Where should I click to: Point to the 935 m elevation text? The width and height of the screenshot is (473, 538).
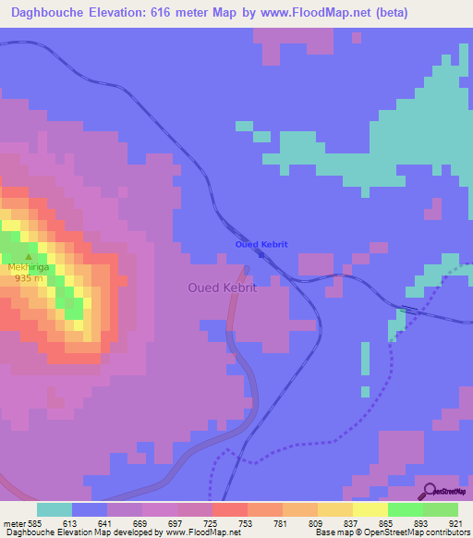pyautogui.click(x=28, y=279)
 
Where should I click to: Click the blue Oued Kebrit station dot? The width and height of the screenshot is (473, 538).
pyautogui.click(x=261, y=254)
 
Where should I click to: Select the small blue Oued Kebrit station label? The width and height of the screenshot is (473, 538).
pyautogui.click(x=261, y=244)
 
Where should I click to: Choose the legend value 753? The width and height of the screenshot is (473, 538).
pyautogui.click(x=247, y=522)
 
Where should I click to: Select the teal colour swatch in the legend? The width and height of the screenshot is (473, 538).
pyautogui.click(x=55, y=509)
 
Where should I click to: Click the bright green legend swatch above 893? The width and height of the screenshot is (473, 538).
pyautogui.click(x=405, y=509)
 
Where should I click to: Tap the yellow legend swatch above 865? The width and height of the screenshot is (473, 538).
pyautogui.click(x=370, y=509)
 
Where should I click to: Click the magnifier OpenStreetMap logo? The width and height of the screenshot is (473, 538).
pyautogui.click(x=431, y=490)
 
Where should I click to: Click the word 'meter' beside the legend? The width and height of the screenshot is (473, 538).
pyautogui.click(x=14, y=522)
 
